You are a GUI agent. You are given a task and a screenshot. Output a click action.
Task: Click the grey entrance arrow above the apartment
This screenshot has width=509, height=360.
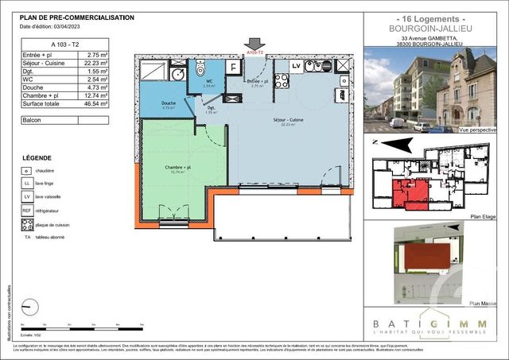(254, 43)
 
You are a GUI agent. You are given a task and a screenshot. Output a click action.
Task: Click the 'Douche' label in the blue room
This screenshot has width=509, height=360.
(169, 103)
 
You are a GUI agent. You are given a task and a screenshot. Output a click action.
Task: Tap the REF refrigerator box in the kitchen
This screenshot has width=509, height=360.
(315, 66)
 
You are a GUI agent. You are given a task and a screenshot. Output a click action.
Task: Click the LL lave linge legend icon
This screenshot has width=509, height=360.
(27, 184)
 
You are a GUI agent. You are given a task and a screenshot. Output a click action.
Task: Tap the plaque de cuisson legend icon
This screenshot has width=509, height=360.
(27, 225)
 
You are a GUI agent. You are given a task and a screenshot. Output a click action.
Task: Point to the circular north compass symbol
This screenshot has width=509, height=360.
(33, 305)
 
